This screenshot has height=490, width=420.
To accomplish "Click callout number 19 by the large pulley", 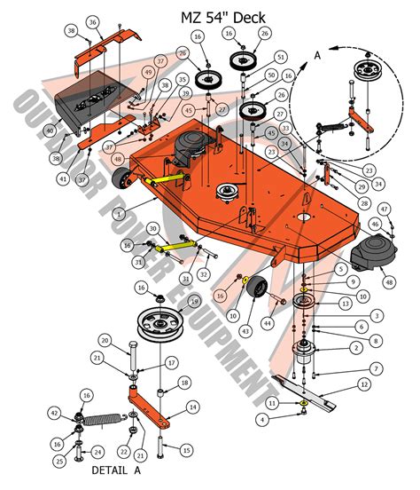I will pyautogui.click(x=194, y=302).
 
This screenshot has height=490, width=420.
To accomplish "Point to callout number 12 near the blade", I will pyautogui.click(x=362, y=384).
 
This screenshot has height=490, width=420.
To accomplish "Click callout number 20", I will pyautogui.click(x=104, y=341).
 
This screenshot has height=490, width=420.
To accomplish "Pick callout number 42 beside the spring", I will pyautogui.click(x=55, y=414).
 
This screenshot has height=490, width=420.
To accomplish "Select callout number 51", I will pyautogui.click(x=280, y=58).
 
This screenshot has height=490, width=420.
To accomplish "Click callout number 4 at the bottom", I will pyautogui.click(x=261, y=417).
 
